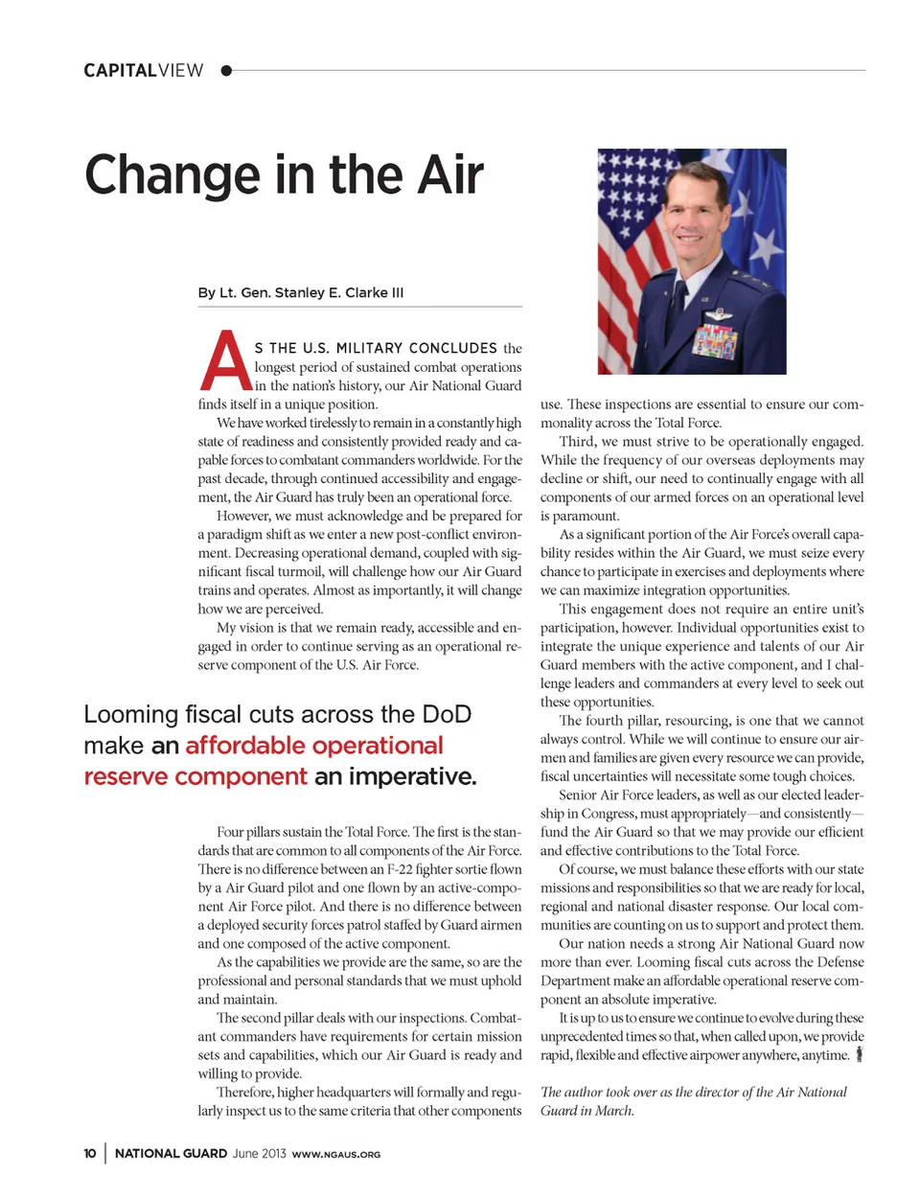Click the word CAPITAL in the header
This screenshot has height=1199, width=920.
(120, 70)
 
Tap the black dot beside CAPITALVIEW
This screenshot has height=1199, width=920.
(226, 70)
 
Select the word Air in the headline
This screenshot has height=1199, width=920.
(449, 175)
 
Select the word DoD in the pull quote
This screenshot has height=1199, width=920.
(447, 715)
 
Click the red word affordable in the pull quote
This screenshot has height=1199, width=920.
(246, 746)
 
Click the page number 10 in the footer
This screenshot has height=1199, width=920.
(89, 1153)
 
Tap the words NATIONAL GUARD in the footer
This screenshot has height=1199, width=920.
(171, 1153)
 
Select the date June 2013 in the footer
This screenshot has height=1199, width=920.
(259, 1153)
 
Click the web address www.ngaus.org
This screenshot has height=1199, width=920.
(335, 1154)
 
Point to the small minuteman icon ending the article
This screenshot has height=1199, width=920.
(860, 1054)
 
